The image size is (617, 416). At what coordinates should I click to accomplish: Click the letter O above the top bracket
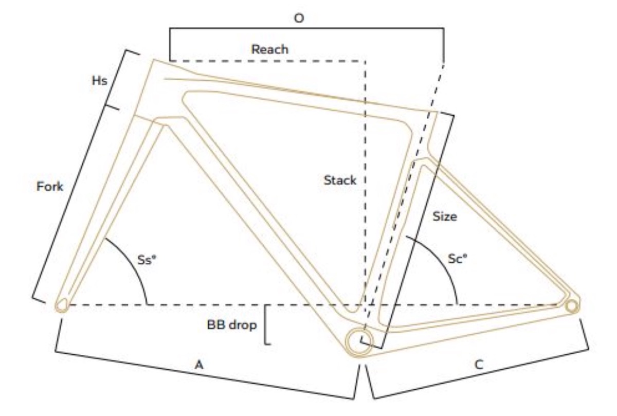[x=299, y=18]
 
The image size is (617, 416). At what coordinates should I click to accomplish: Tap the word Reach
[x=269, y=49]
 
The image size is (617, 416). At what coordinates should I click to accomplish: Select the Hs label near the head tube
[x=99, y=81]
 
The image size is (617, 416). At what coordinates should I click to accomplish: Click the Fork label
[x=50, y=187]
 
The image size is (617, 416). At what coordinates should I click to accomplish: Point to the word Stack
[x=340, y=180]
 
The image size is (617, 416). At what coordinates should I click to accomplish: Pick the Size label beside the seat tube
[x=445, y=216]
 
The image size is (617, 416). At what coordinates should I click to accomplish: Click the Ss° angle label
[x=147, y=260]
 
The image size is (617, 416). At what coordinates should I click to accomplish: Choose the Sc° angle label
[x=458, y=259]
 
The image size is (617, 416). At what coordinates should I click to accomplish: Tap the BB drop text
[x=232, y=325]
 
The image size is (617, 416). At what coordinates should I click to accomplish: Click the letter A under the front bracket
[x=199, y=365]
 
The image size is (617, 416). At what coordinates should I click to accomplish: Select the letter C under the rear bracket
[x=479, y=365]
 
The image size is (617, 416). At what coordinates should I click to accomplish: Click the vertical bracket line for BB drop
[x=265, y=324]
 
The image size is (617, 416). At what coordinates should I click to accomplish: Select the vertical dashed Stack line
[x=365, y=182]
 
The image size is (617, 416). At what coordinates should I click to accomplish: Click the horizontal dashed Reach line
[x=268, y=61]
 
